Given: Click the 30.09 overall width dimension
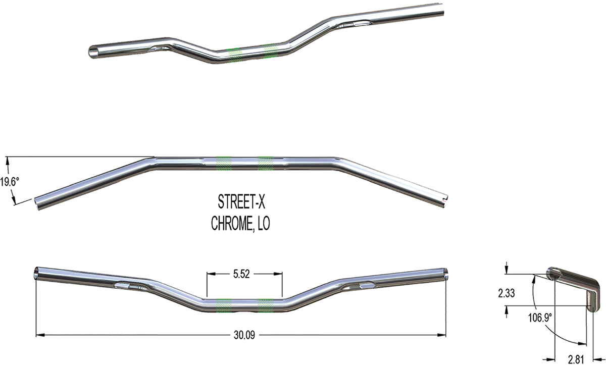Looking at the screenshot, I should tap(243, 335).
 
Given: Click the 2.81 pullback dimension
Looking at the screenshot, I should tap(576, 359).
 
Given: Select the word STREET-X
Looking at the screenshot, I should tap(241, 203).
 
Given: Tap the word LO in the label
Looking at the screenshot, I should tap(263, 224).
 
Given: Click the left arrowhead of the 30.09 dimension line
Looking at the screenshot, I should tap(39, 334).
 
